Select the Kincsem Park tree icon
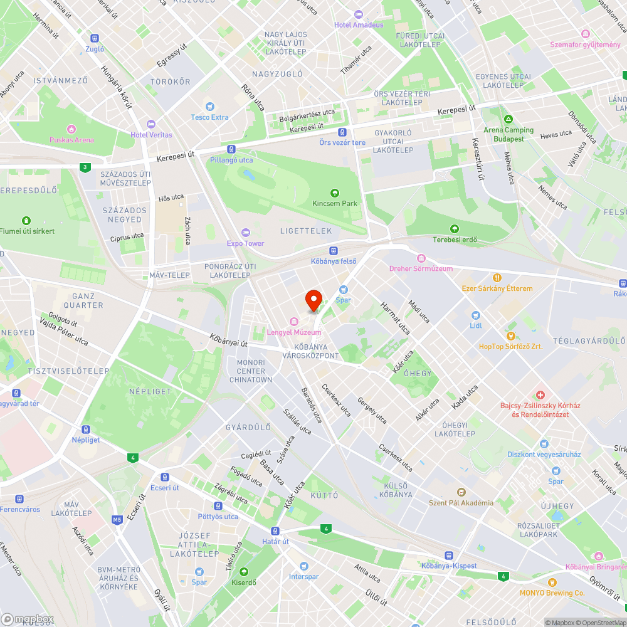(x=335, y=193)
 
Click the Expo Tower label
(x=245, y=243)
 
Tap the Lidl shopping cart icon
(x=475, y=315)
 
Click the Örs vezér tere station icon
(x=342, y=132)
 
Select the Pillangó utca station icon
(x=231, y=150)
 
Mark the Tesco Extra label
(x=209, y=117)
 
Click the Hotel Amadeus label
(x=359, y=24)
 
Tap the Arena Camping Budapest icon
(x=508, y=120)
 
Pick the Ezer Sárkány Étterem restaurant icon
(x=497, y=278)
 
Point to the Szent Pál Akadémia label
(x=461, y=502)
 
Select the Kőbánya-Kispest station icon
(x=449, y=555)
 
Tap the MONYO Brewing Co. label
(x=552, y=593)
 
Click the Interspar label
(x=303, y=576)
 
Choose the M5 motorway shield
(x=117, y=519)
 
